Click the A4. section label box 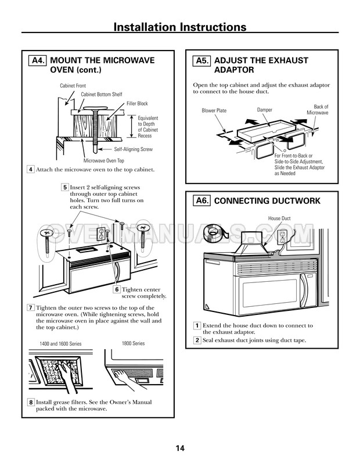click(37, 60)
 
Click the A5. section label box click(201, 60)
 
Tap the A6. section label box click(201, 200)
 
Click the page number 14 click(180, 448)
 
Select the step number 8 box click(31, 403)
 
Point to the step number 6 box click(117, 289)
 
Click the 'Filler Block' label click(137, 103)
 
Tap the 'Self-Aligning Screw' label click(134, 149)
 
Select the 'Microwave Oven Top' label click(104, 160)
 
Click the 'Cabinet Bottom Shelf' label click(102, 94)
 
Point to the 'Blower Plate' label click(214, 110)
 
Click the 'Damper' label click(265, 110)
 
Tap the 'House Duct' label click(279, 218)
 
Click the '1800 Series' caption click(134, 343)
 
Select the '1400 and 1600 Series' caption click(60, 343)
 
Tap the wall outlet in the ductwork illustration click(282, 237)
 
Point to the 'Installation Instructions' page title click(180, 27)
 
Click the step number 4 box click(31, 170)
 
